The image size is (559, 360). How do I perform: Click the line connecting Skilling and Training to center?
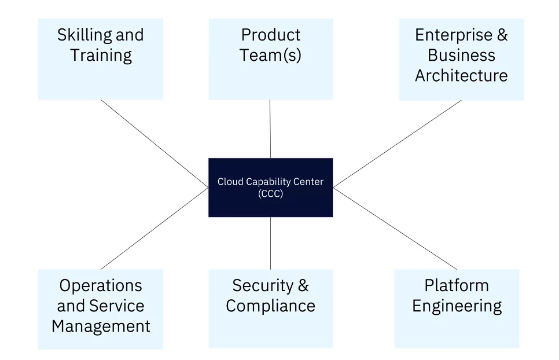(x=155, y=143)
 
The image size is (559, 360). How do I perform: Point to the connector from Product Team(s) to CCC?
(x=270, y=128)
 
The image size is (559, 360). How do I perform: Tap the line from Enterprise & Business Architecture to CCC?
(x=397, y=144)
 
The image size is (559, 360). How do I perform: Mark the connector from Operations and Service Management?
(x=155, y=228)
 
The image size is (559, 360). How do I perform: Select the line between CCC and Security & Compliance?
(x=270, y=243)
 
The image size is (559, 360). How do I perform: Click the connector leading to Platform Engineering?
(x=395, y=229)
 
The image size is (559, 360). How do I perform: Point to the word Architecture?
(x=461, y=76)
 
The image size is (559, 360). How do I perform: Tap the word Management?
(x=101, y=326)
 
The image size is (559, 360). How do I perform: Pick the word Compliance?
(x=270, y=306)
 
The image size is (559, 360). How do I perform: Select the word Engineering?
(x=457, y=306)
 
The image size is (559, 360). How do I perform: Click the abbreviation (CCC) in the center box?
(x=270, y=194)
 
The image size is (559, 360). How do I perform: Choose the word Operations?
(x=101, y=285)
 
